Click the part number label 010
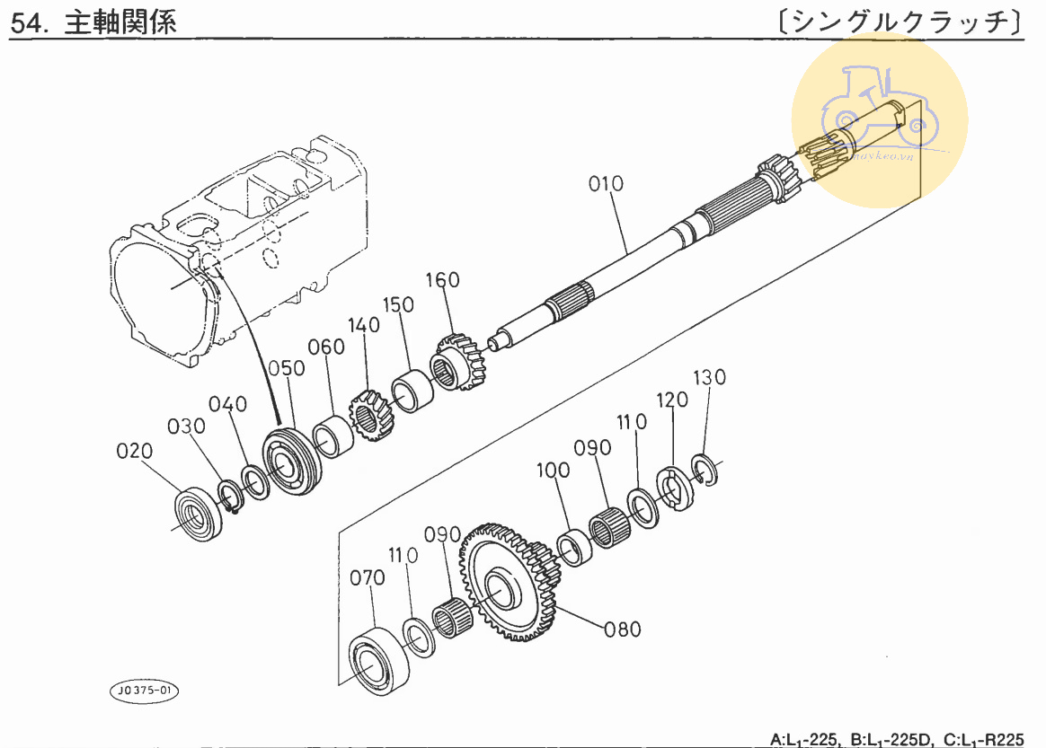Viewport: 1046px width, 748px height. [606, 185]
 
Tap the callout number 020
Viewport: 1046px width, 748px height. [135, 451]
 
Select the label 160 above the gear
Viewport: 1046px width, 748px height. [442, 280]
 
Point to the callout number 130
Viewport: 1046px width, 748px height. [708, 377]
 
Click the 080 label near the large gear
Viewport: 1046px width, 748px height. [623, 629]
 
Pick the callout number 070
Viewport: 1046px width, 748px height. [368, 578]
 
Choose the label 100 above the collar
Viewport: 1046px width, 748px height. [554, 470]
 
